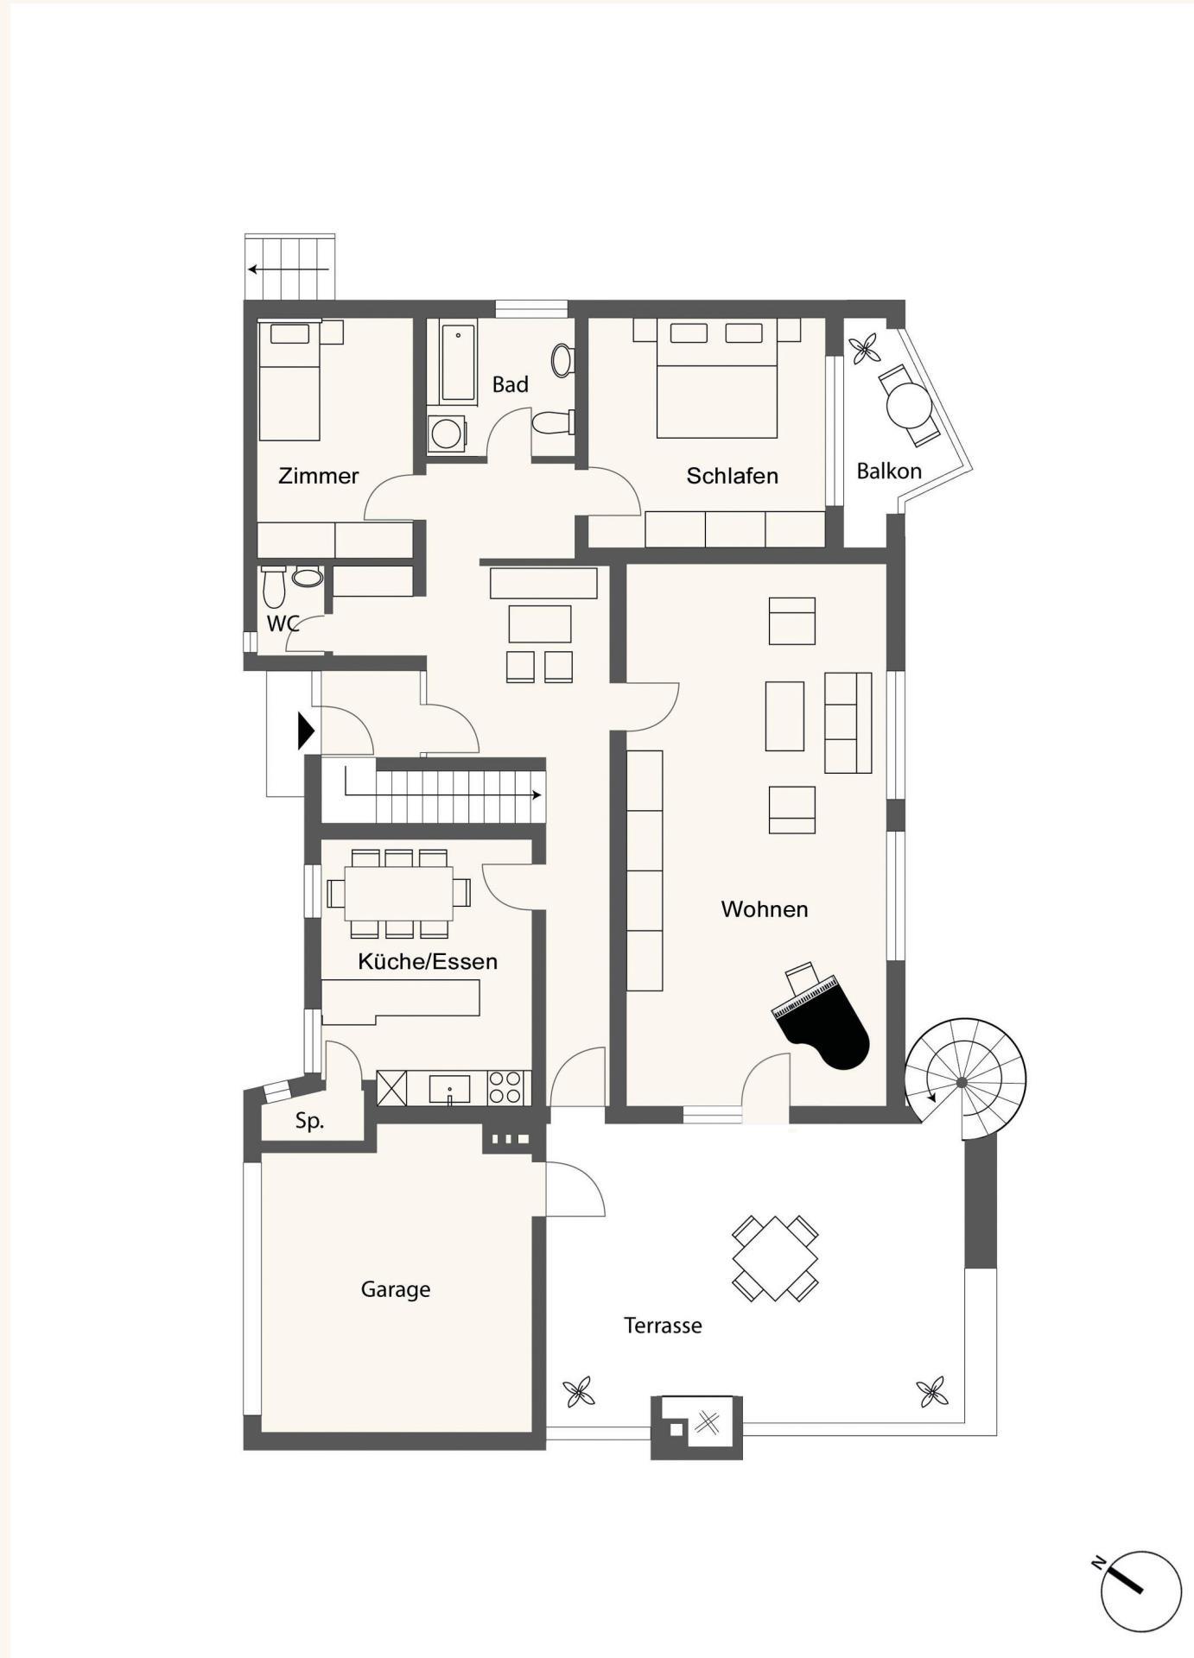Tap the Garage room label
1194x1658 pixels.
click(x=396, y=1289)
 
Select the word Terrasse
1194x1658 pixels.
click(x=663, y=1326)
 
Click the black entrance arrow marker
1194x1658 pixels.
click(x=306, y=731)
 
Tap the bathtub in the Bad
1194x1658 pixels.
click(x=458, y=362)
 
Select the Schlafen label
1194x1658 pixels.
click(x=732, y=476)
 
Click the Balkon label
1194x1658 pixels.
click(x=889, y=471)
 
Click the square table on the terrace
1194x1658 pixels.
click(x=775, y=1258)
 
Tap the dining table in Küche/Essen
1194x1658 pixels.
click(x=398, y=893)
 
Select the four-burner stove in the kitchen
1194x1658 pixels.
click(x=505, y=1088)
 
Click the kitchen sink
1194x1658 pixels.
click(x=449, y=1089)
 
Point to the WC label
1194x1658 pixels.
click(x=283, y=623)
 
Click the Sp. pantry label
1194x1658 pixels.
click(x=309, y=1121)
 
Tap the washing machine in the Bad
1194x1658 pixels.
click(x=447, y=433)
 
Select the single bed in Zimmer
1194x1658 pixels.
click(x=289, y=380)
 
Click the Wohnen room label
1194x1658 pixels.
click(x=765, y=909)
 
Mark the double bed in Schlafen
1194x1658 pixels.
click(x=717, y=378)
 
